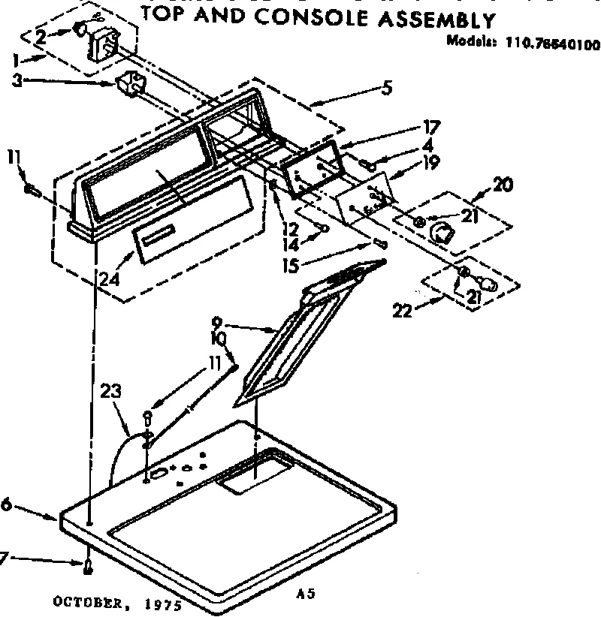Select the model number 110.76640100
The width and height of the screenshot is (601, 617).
point(555,44)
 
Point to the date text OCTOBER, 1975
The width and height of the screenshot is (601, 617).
point(116,603)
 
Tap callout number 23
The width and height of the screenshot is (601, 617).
point(110,391)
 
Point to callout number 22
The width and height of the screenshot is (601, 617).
point(403,309)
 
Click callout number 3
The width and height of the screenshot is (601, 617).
point(17,79)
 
